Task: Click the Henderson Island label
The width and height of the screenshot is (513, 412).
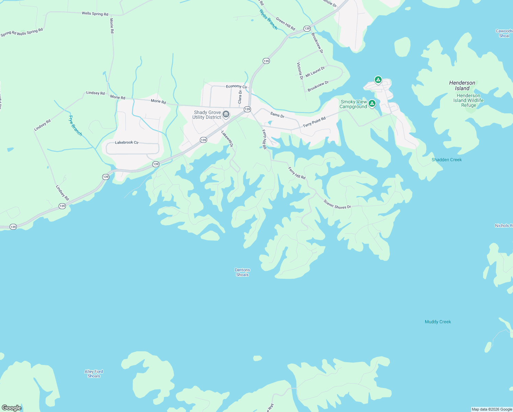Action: [x=462, y=85]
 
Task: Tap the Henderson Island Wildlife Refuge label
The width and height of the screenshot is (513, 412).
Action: [x=468, y=100]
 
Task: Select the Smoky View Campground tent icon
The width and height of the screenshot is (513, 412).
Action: [x=372, y=103]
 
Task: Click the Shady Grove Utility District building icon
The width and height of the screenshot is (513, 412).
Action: [x=226, y=114]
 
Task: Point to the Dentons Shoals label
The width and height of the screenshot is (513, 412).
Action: [x=242, y=272]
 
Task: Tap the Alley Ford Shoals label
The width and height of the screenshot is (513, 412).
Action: [x=94, y=374]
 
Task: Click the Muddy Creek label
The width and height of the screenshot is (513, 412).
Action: [x=438, y=322]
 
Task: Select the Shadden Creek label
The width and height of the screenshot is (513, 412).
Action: [x=446, y=160]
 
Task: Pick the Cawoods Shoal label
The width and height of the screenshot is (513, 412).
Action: [x=504, y=33]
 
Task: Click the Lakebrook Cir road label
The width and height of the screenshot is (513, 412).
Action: [x=127, y=142]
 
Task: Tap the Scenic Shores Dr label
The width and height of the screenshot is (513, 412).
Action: [x=337, y=204]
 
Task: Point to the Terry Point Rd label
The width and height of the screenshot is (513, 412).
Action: [x=314, y=122]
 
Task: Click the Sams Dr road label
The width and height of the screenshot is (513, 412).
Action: [x=277, y=115]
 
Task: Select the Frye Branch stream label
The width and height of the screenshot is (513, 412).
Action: [x=75, y=126]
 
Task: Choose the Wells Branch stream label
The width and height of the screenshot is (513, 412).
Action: [x=268, y=20]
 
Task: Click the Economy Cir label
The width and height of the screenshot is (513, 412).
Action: [x=236, y=87]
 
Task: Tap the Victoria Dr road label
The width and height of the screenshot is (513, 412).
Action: [x=300, y=71]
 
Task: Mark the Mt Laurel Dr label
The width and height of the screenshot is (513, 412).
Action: [x=315, y=72]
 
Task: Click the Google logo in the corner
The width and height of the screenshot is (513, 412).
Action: [x=11, y=408]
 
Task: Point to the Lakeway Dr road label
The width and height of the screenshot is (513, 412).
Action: [x=227, y=139]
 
